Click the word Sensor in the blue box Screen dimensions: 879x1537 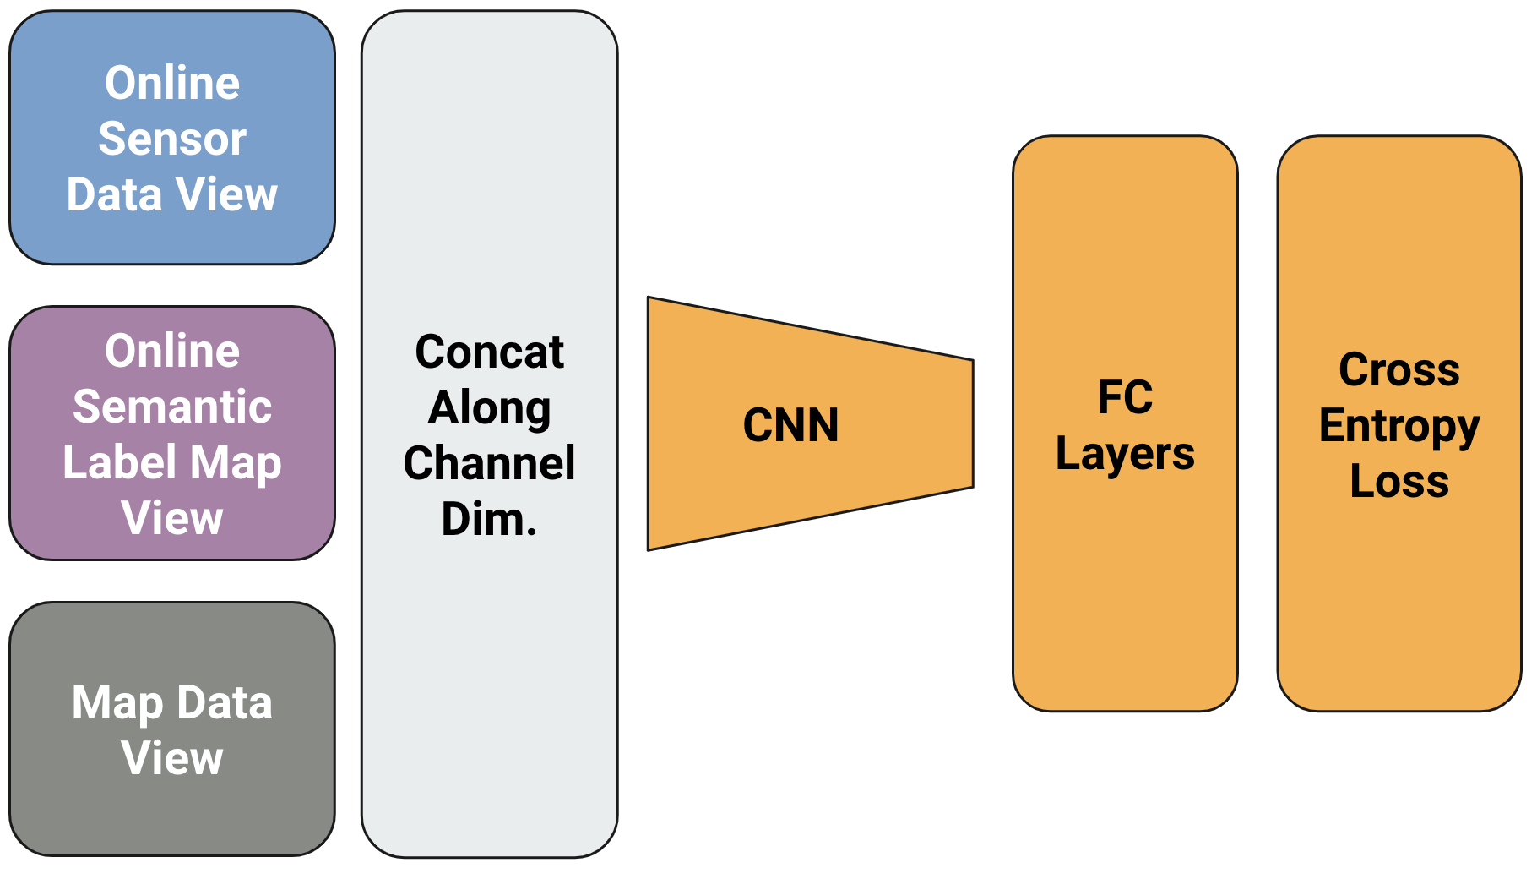(172, 139)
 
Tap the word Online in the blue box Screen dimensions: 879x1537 (172, 83)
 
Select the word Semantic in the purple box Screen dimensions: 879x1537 (172, 407)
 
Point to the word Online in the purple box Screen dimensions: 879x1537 (172, 351)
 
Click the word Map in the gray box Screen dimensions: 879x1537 (117, 703)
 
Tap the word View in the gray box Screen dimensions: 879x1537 (172, 758)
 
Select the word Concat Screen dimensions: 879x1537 (489, 352)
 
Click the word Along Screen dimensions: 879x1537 (489, 408)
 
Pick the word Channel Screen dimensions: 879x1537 (489, 463)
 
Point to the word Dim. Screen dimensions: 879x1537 (489, 519)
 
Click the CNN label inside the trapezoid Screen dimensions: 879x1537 (790, 424)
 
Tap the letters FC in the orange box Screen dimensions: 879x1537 (1125, 397)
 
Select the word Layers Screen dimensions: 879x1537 (1125, 454)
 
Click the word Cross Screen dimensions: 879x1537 (1399, 369)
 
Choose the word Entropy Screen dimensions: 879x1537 (1399, 425)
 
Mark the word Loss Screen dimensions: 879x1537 (1399, 481)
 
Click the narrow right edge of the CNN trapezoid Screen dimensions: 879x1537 (973, 423)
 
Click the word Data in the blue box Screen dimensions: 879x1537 (114, 194)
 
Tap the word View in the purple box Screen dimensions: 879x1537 (172, 518)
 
